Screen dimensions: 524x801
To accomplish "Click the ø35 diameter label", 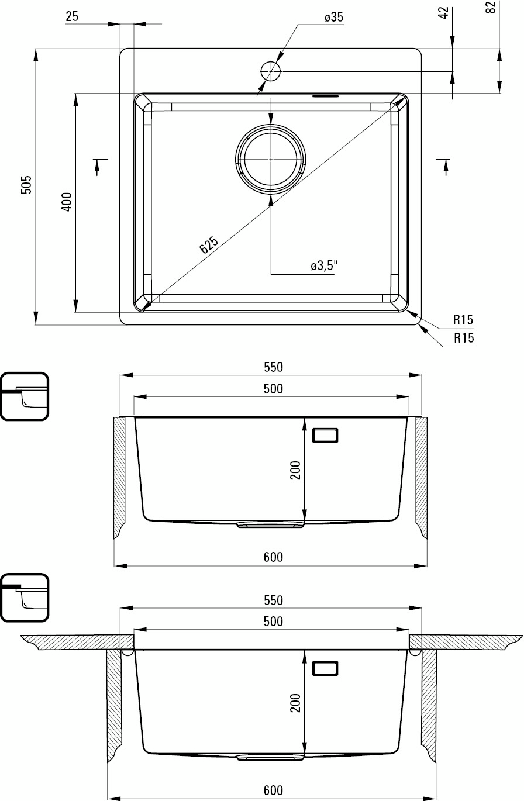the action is pos(334,17).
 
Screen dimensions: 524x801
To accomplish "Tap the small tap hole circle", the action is pos(271,71).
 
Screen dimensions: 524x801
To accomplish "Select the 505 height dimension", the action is pos(26,185).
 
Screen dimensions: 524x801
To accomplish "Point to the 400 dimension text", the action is pos(67,202).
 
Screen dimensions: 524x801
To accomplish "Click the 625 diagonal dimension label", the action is pos(208,244).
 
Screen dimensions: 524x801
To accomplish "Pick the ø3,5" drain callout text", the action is pos(324,265).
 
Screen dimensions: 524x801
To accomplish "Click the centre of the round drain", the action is pos(271,160).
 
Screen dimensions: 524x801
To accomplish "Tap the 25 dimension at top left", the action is pos(72,16).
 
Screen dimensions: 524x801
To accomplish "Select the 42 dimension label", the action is pos(443,13).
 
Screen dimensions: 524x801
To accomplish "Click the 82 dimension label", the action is pos(492,7).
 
